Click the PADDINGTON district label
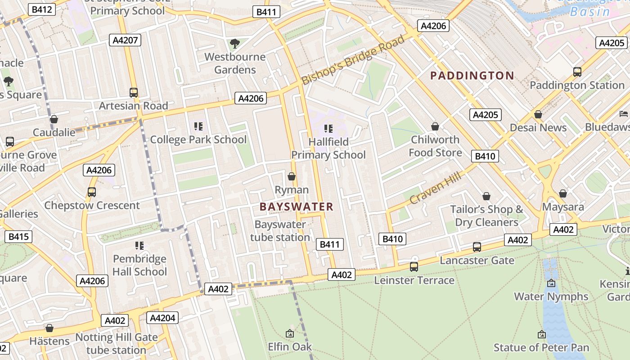point(472,75)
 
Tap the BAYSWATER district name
point(297,207)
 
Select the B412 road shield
point(42,9)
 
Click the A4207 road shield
point(125,40)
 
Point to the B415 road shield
point(18,236)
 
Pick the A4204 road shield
point(162,318)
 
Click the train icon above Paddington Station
point(577,72)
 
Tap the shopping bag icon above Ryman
point(292,176)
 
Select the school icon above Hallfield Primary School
point(328,129)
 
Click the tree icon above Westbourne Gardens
point(234,44)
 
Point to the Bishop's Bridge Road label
point(353,60)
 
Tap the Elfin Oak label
point(290,347)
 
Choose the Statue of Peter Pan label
point(541,347)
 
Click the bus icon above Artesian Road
point(134,93)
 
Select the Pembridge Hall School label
point(139,265)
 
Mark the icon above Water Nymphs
point(551,283)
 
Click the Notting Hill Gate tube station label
point(117,343)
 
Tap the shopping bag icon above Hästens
point(49,328)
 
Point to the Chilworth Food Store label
point(435,146)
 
